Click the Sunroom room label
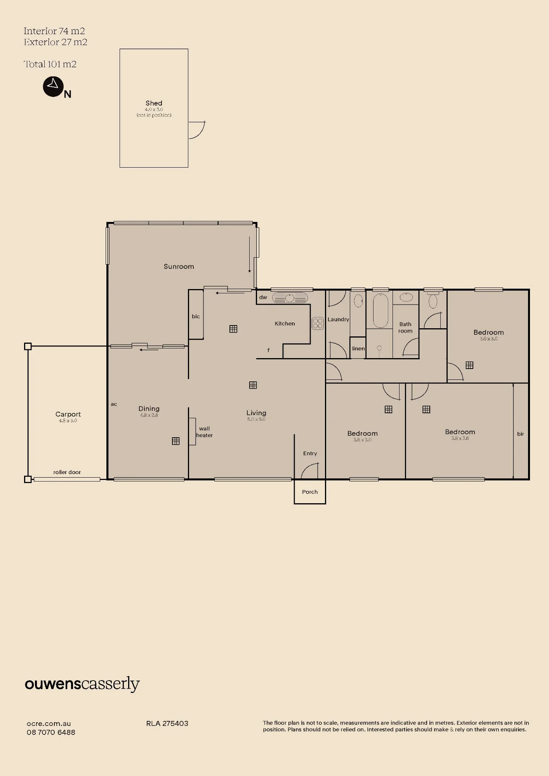click(179, 267)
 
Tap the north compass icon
click(53, 87)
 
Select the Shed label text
click(154, 103)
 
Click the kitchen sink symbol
click(290, 298)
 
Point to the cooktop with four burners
click(318, 324)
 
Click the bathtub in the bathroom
click(380, 311)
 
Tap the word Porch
click(310, 492)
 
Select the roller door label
click(67, 472)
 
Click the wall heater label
click(204, 432)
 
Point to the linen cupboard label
click(358, 348)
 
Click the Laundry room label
click(338, 319)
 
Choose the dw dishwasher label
click(263, 297)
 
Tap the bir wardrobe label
click(521, 434)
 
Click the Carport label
click(68, 414)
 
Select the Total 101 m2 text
click(50, 64)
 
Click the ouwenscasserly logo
click(82, 684)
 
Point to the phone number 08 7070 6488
click(51, 732)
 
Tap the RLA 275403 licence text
click(167, 723)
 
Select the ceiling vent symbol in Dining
click(176, 441)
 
